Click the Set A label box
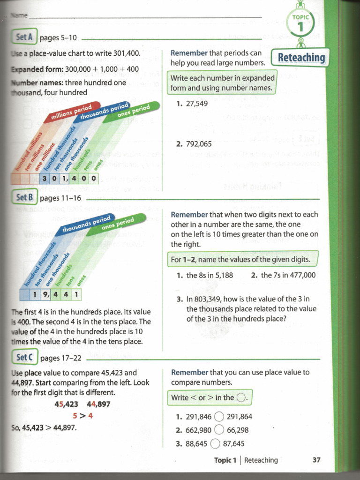point(24,37)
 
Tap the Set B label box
point(24,197)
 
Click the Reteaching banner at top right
point(301,58)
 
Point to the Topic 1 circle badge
point(301,23)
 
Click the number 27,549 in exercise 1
point(197,104)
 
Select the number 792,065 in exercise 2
point(199,144)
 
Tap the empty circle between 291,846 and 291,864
point(219,416)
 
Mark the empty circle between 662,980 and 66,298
point(219,430)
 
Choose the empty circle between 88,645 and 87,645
point(215,443)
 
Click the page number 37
point(316,460)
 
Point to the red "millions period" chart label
point(71,112)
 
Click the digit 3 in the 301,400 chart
point(45,178)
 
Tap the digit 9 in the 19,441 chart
point(45,294)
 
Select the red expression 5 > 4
point(82,415)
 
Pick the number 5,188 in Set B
point(222,275)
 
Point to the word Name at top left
point(19,15)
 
